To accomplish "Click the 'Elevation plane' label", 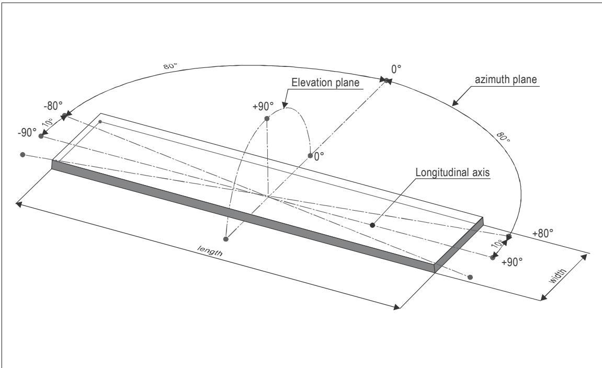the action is click(x=325, y=83).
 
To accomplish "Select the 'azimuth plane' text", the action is click(x=506, y=80).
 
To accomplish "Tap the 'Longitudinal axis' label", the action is click(x=452, y=172).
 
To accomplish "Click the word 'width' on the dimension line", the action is click(x=558, y=277).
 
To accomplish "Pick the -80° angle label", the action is click(x=53, y=106).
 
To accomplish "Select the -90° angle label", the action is click(x=27, y=133).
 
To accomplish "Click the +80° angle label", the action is click(x=543, y=233).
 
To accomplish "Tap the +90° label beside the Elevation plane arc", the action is click(x=263, y=106).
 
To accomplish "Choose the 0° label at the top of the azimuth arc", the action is click(x=396, y=69).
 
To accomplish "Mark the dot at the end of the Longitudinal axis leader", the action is click(x=372, y=225).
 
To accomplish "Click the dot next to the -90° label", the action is click(x=41, y=136).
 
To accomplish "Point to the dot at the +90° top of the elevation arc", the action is click(x=267, y=119).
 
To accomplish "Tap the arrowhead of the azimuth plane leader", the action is click(x=454, y=102).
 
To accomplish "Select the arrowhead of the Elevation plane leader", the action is click(x=285, y=105).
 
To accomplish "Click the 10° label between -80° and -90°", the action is click(x=48, y=122).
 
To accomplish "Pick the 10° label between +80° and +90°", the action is click(x=497, y=245).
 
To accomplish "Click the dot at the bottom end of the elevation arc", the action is click(x=226, y=239).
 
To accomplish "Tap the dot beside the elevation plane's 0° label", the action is click(x=310, y=155).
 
